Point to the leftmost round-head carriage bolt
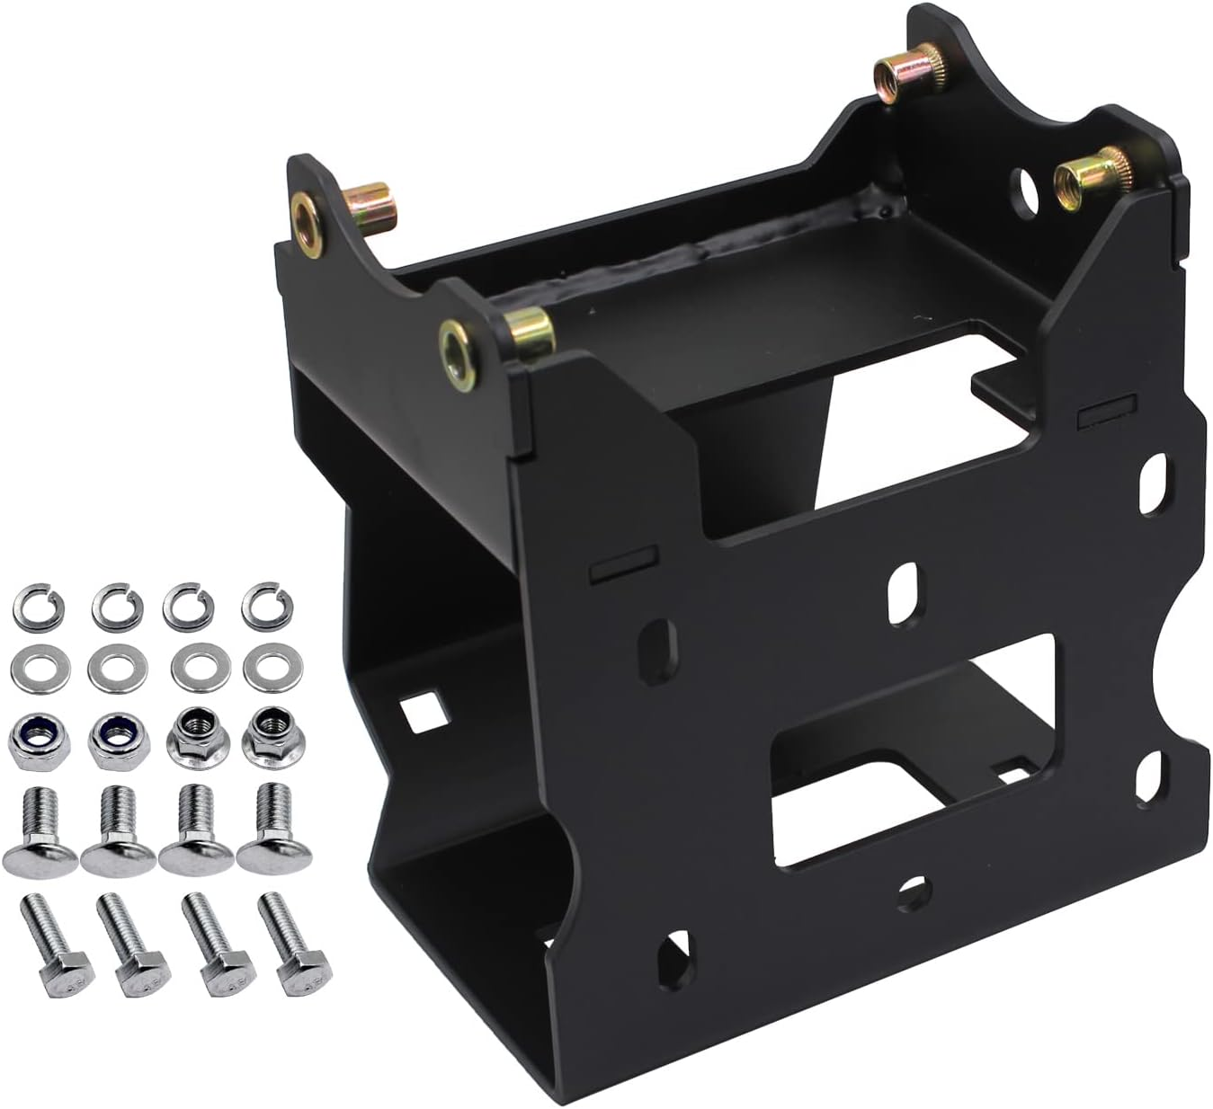point(35,831)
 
